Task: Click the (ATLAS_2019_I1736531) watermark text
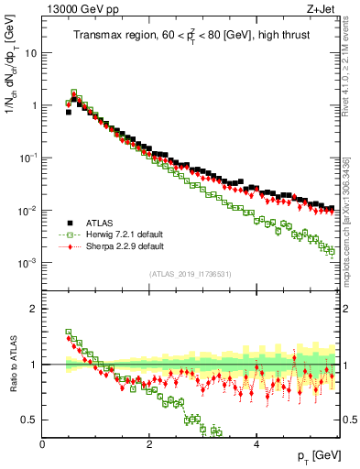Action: pyautogui.click(x=191, y=274)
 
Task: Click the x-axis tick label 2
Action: pyautogui.click(x=149, y=443)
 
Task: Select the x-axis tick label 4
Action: pyautogui.click(x=256, y=443)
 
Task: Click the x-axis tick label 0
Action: pyautogui.click(x=42, y=443)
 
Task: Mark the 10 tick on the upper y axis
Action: pyautogui.click(x=30, y=53)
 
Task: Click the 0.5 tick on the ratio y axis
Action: pyautogui.click(x=29, y=420)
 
